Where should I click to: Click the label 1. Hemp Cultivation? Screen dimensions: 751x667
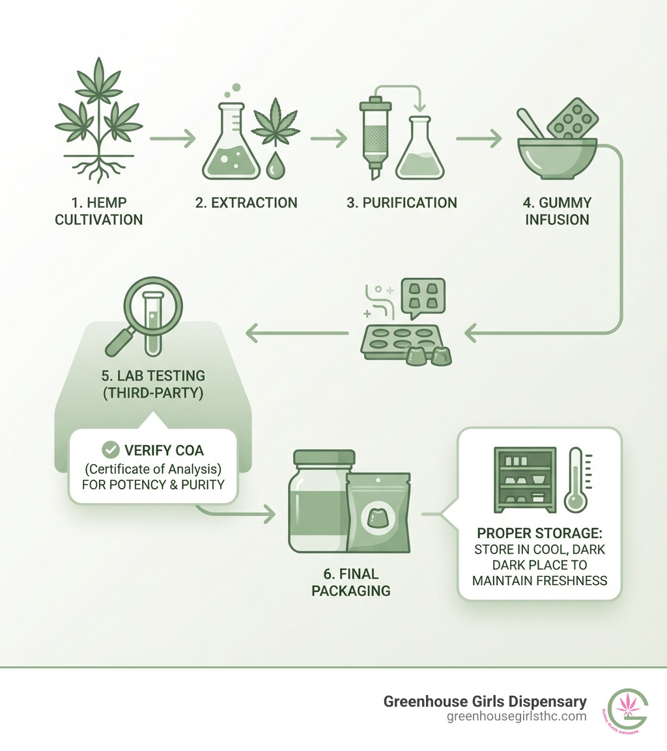click(98, 211)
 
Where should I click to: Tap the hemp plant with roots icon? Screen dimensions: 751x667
click(98, 121)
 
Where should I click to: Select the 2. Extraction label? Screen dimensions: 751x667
click(246, 203)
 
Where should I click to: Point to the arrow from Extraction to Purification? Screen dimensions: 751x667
click(328, 139)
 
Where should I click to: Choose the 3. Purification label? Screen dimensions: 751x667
click(401, 203)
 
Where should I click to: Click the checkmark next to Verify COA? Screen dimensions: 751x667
click(111, 450)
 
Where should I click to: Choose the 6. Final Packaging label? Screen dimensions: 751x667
click(350, 582)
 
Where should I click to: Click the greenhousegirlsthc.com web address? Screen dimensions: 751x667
click(517, 717)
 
